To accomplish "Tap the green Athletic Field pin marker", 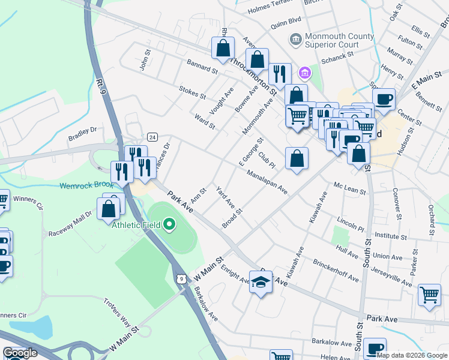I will pos(169,225).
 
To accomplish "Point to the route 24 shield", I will pos(152,137).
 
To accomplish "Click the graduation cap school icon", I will pos(261,282).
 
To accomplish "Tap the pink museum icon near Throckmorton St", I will pos(305,73).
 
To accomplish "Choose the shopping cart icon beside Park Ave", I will pos(429,295).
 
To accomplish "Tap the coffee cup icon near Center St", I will pos(384,99).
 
